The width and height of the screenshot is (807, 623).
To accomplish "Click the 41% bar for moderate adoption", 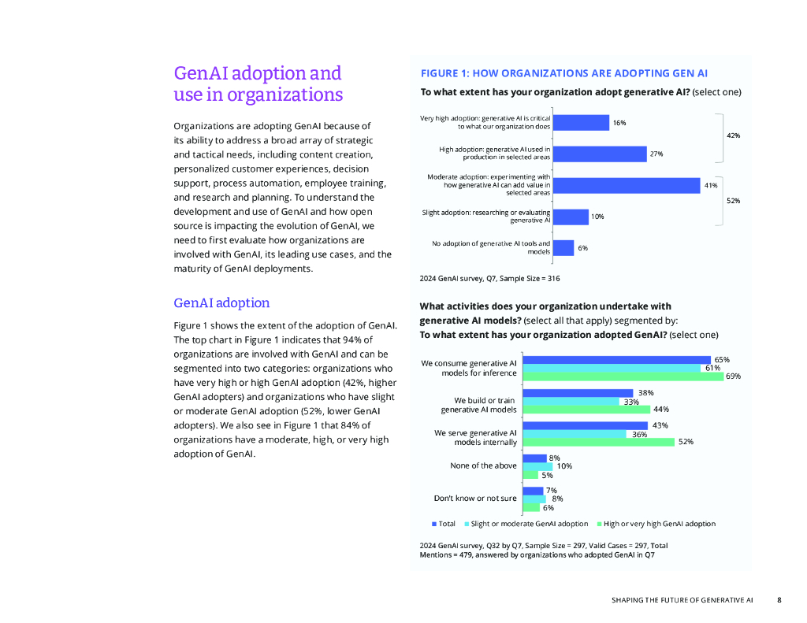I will pos(626,185).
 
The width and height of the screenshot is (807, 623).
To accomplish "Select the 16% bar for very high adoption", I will pos(580,122).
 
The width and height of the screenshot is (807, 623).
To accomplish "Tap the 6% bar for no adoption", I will pos(563,247).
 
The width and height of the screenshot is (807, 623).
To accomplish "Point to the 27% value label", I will pos(656,154).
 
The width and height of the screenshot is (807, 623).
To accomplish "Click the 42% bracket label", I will pos(733,135).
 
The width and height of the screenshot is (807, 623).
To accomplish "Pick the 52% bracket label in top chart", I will pos(733,201).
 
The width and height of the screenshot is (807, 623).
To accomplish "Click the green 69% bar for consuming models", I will pos(623,376).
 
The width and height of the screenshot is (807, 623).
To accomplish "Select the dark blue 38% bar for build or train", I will pos(578,393).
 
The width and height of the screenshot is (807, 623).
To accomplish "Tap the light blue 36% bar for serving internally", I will pos(573,434).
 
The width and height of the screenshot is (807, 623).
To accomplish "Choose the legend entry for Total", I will pos(443,524).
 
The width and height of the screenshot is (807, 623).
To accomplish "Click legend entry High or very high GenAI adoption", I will pos(656,524).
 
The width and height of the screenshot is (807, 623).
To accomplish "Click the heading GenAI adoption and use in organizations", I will pos(258,83).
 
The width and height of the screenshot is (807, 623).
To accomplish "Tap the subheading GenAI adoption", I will pos(221,303).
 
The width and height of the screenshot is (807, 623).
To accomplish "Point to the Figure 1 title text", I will pos(563,73).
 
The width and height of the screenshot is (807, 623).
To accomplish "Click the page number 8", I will pos(779,600).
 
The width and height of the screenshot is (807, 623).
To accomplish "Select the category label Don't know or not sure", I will pos(475,498).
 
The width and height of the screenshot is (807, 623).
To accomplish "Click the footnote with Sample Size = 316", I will pos(489,278).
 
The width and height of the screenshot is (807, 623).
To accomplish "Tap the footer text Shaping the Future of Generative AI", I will pos(682,600).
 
